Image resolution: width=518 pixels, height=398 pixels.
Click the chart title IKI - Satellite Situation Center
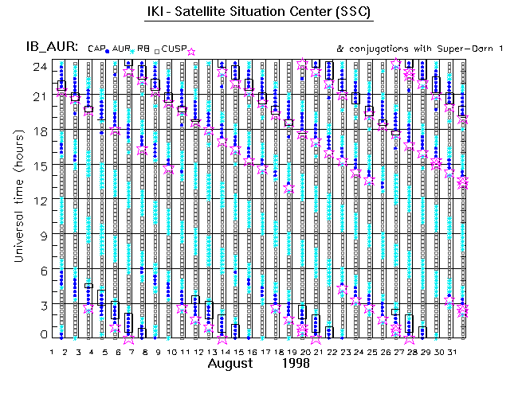click(x=259, y=14)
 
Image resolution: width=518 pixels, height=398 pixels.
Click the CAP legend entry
click(x=96, y=49)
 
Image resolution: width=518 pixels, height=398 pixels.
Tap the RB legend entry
click(x=143, y=49)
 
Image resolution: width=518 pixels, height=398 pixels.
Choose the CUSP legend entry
click(x=174, y=49)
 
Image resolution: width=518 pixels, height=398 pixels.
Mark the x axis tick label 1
click(x=53, y=351)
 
